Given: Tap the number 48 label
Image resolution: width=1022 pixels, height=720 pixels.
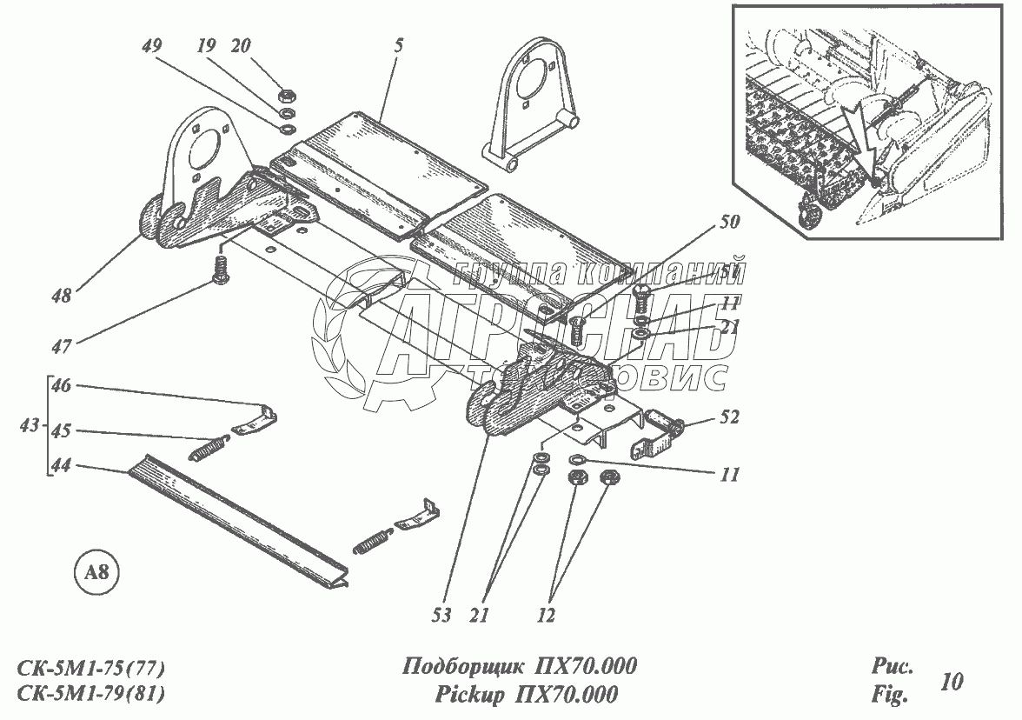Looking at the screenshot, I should [x=61, y=295].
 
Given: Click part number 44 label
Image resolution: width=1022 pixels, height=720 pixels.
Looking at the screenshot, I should [x=61, y=466].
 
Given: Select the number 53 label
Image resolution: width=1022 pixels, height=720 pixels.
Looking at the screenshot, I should [x=441, y=615].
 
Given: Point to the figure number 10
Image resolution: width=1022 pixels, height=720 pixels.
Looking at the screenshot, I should [x=952, y=681].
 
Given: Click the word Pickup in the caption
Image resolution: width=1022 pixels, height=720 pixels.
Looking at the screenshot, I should [x=468, y=695].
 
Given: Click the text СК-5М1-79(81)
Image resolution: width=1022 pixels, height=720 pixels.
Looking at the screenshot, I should [x=91, y=695].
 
